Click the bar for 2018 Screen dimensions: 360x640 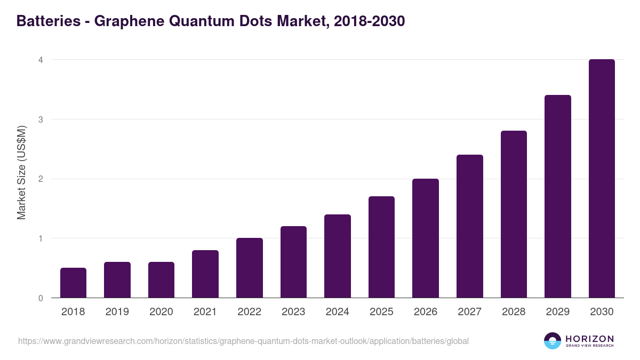click(x=73, y=283)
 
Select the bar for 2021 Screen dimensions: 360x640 click(x=205, y=274)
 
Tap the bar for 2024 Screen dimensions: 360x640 click(x=338, y=256)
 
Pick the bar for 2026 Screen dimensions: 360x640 click(x=426, y=238)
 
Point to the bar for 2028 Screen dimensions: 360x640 click(x=514, y=214)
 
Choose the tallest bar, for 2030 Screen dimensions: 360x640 click(x=602, y=179)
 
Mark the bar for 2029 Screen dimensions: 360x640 click(x=558, y=196)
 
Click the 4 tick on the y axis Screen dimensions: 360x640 click(x=41, y=60)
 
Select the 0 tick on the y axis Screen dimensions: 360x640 click(x=41, y=298)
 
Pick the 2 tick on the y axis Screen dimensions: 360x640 click(x=41, y=179)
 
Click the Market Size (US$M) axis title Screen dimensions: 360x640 click(x=21, y=172)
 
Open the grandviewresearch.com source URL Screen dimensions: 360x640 click(x=243, y=341)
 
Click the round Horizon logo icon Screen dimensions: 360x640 click(x=552, y=341)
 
